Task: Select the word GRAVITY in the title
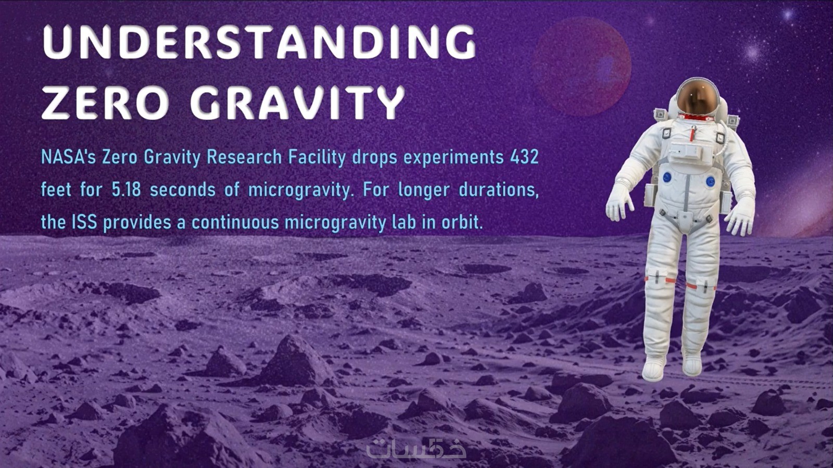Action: point(297,102)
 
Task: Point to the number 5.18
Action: point(127,189)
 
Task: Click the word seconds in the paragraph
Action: point(183,189)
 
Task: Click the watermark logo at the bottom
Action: point(416,448)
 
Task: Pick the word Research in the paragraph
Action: point(244,157)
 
